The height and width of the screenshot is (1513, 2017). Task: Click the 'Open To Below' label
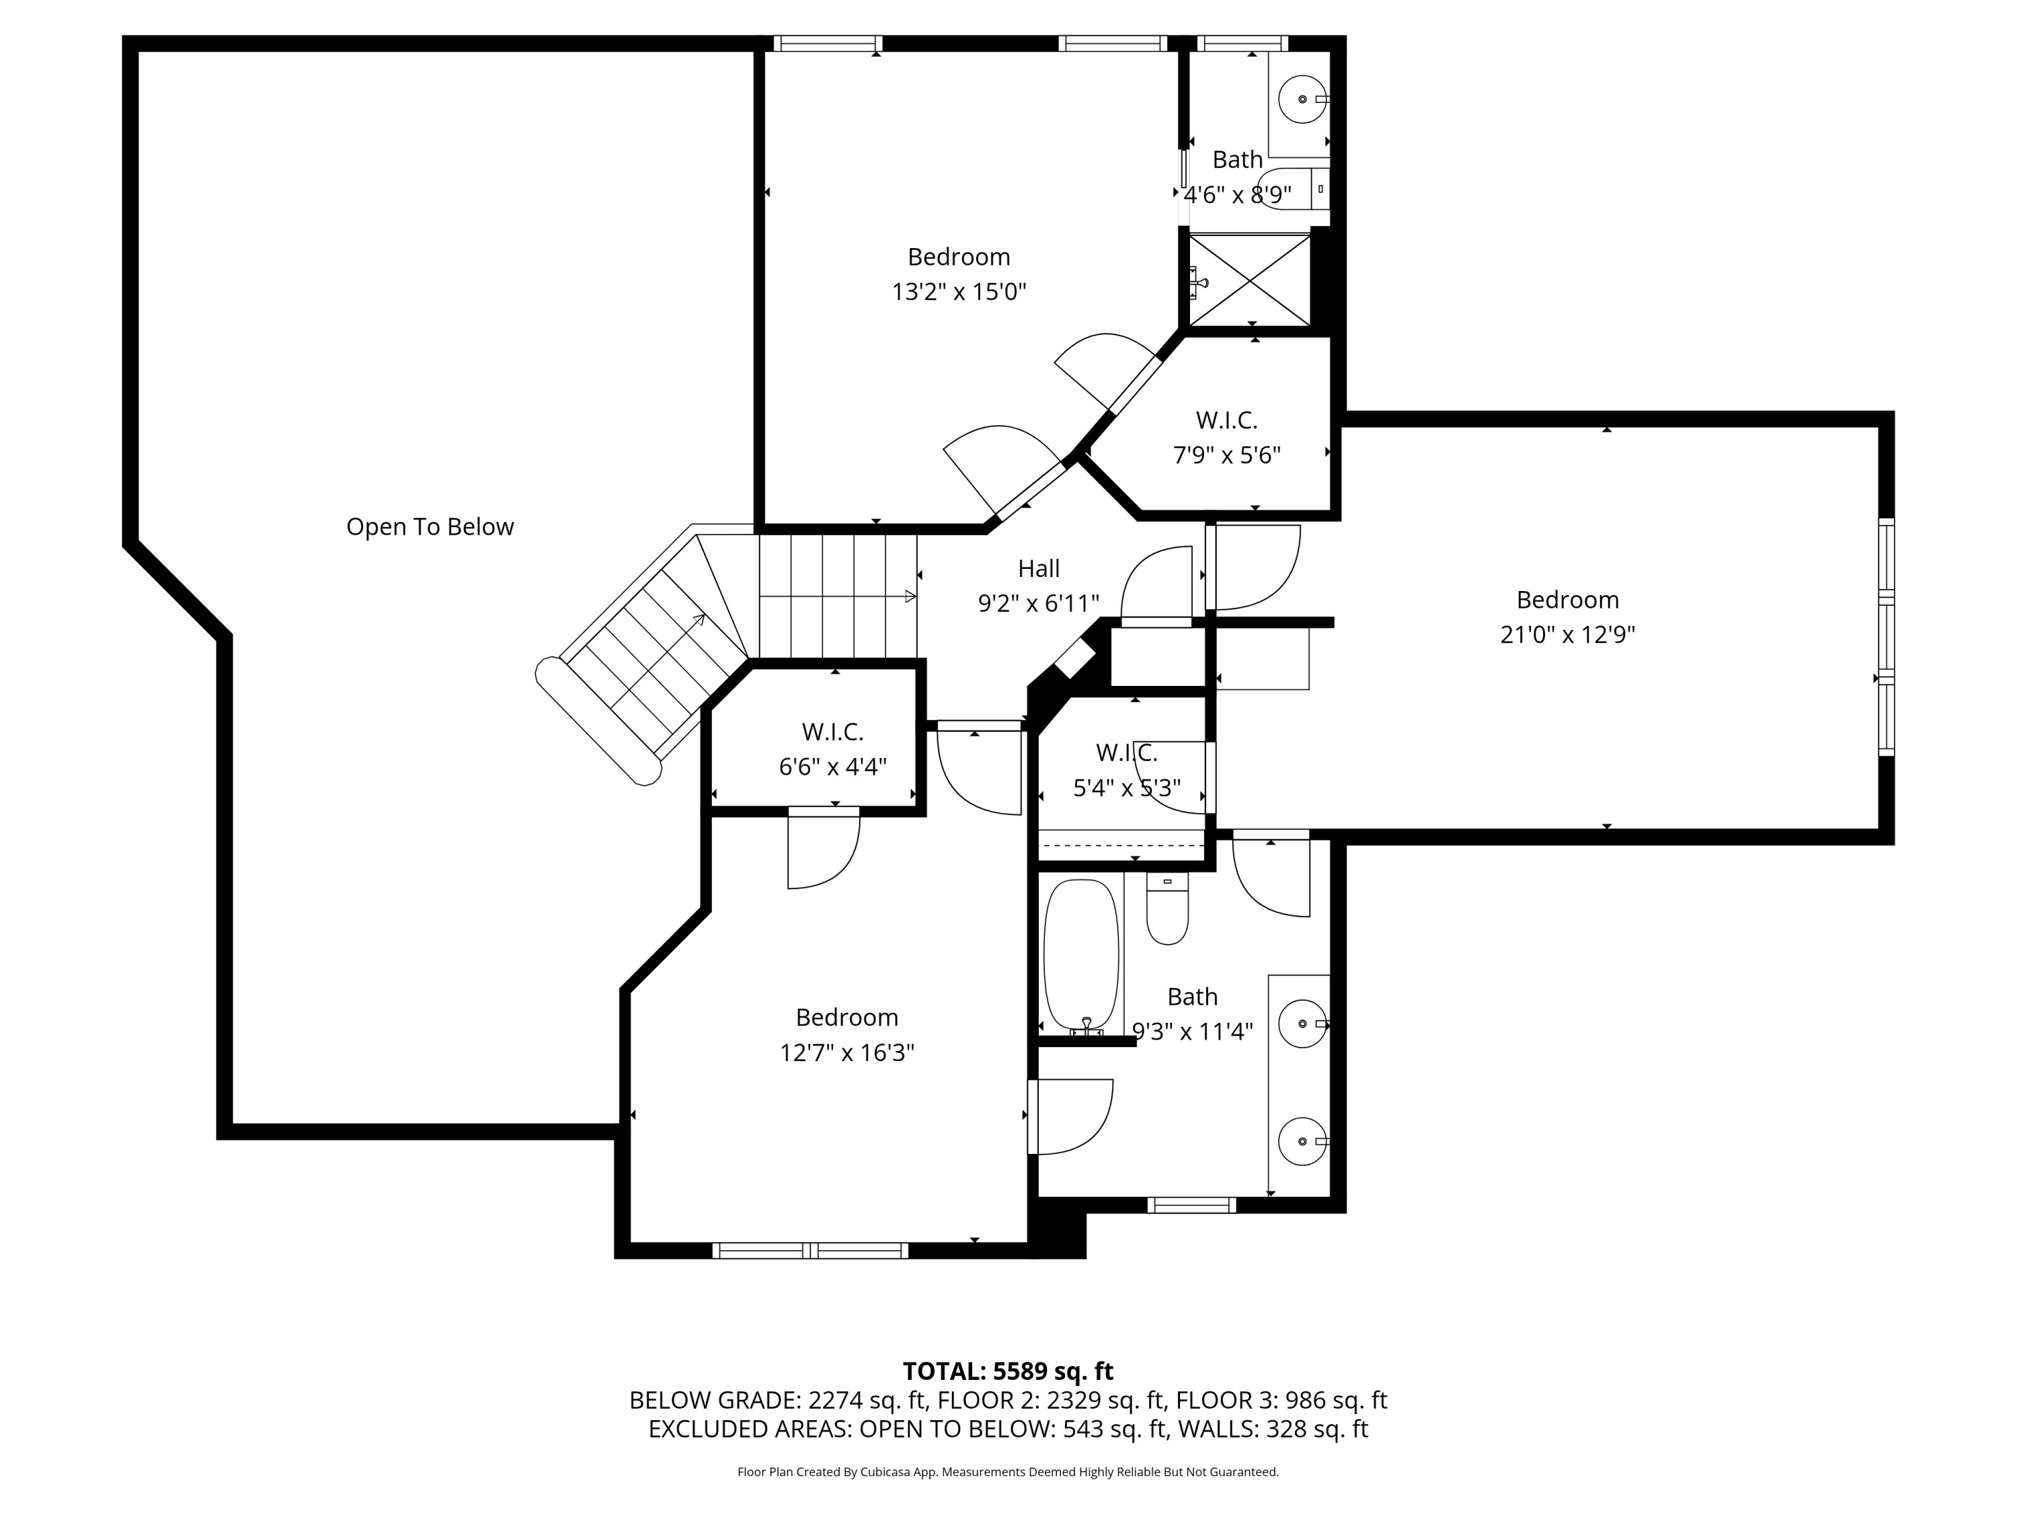[x=430, y=527]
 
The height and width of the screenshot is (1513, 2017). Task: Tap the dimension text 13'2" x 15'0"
[x=958, y=292]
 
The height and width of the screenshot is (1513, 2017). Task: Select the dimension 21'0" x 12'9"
[x=1567, y=635]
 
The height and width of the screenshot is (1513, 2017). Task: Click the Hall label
[x=1039, y=569]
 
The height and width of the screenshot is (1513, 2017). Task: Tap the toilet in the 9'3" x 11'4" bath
[x=1167, y=909]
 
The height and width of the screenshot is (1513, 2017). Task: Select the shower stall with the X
[x=1250, y=280]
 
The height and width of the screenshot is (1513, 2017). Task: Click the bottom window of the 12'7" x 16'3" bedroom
[x=809, y=1250]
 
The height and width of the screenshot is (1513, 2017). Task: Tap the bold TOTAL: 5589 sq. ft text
[x=1008, y=1372]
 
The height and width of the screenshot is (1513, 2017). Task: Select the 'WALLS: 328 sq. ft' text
[x=1272, y=1429]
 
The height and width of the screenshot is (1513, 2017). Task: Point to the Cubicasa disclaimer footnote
[x=1008, y=1472]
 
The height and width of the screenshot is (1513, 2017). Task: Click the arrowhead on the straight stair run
[x=909, y=596]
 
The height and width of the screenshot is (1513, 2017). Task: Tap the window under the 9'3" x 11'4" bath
[x=1191, y=1205]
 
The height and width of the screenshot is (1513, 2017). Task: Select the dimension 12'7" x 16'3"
[x=846, y=1052]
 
